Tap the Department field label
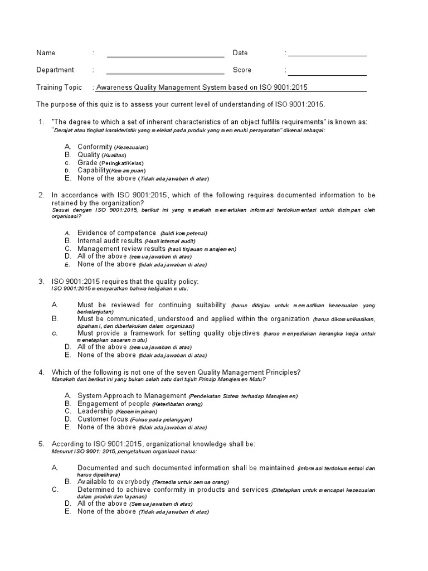tap(55, 70)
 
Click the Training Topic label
tap(59, 88)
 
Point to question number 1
tap(41, 122)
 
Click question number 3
tap(41, 281)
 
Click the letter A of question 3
tap(55, 305)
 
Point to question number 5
tap(41, 444)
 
